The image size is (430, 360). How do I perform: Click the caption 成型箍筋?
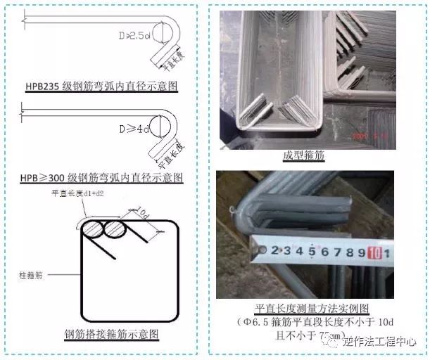tap(303, 156)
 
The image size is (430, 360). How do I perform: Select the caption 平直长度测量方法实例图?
tap(310, 309)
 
